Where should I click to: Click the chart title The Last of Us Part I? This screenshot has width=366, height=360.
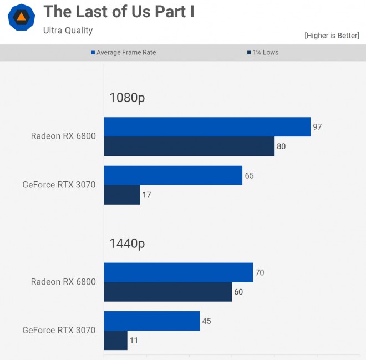[119, 12]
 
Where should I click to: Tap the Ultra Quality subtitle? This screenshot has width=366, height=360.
[68, 31]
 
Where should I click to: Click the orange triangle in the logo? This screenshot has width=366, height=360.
[21, 17]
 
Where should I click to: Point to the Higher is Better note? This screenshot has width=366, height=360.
[332, 36]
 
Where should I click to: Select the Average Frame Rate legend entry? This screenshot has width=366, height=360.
[124, 53]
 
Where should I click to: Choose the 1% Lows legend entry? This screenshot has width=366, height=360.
[263, 53]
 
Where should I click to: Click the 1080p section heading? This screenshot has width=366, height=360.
[127, 98]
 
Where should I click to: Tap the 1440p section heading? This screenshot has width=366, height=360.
[127, 244]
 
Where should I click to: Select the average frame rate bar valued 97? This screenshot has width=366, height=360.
[207, 127]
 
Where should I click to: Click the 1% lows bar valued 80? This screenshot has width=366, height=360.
[189, 146]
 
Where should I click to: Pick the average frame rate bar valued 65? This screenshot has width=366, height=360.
[173, 175]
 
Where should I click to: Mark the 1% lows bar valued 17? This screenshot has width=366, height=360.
[122, 195]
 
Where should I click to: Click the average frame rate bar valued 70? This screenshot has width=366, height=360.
[179, 272]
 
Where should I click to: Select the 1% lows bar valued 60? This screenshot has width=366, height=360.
[168, 292]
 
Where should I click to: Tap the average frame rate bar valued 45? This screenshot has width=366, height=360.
[152, 321]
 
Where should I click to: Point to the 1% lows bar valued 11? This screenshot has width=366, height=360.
[115, 341]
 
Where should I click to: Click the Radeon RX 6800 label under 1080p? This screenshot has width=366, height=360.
[63, 136]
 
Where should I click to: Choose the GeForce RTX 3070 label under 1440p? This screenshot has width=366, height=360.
[59, 331]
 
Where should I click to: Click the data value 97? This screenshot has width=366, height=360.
[317, 127]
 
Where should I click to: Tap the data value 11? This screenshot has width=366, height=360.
[134, 341]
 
